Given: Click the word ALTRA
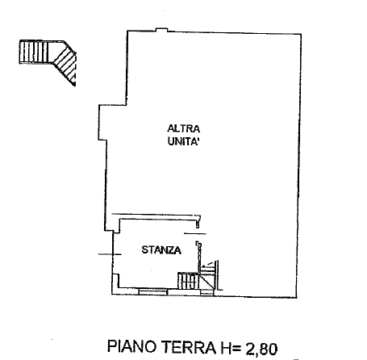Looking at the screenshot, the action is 183,128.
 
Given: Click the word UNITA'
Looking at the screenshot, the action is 183,141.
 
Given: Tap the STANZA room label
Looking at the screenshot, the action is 161,250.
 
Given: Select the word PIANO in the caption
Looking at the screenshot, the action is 132,346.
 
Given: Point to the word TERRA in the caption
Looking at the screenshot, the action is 189,347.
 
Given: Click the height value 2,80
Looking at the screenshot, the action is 261,349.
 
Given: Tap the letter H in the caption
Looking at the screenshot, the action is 225,348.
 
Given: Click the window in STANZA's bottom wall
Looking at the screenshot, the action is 153,291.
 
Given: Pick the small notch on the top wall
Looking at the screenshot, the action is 162,30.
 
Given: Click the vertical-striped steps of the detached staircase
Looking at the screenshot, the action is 34,52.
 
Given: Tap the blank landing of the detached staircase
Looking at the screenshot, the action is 56,51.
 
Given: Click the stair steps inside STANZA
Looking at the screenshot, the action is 188,281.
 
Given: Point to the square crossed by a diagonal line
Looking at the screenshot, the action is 206,282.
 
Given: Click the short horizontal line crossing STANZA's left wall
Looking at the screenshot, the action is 110,254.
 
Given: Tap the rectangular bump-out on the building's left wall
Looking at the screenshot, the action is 103,123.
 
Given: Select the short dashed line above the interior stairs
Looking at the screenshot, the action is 209,264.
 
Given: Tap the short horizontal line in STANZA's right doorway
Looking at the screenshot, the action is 195,233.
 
